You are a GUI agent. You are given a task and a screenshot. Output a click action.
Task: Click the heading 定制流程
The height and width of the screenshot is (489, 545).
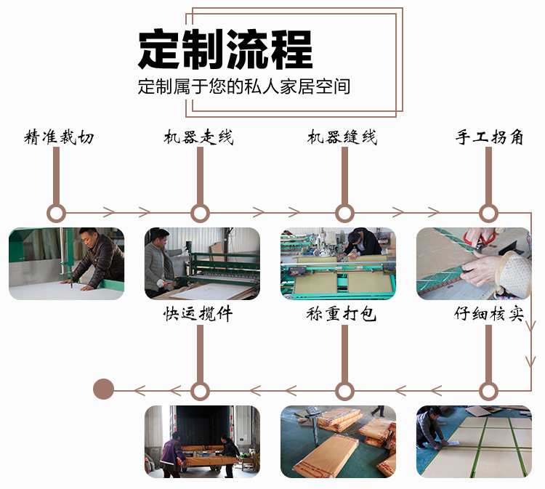tap(225, 49)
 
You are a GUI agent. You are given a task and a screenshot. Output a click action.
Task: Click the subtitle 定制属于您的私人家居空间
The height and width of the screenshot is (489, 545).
tap(244, 87)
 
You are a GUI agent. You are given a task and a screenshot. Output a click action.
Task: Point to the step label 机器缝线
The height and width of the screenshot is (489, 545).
tap(342, 137)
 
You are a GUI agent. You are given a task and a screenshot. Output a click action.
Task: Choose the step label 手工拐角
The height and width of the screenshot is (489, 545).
tap(489, 137)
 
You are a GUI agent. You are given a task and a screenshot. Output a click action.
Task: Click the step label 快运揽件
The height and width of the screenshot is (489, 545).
tap(198, 315)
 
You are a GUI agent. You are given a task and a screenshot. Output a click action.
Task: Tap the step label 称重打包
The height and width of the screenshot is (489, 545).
tap(341, 315)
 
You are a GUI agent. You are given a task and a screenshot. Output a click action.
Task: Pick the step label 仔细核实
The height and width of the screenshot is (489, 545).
tap(488, 315)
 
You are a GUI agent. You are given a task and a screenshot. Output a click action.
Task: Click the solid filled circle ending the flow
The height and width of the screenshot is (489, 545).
tap(104, 389)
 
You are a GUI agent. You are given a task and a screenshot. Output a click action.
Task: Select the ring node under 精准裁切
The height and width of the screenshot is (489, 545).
tap(56, 213)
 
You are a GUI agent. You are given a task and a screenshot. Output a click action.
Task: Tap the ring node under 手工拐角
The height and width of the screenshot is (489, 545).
tap(489, 213)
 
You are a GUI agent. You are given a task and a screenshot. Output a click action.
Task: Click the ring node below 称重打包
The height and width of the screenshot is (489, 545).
tap(344, 390)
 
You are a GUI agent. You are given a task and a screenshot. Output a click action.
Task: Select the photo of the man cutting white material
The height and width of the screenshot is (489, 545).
tap(66, 264)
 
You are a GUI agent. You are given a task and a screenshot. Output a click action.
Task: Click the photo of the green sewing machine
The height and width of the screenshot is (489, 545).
tap(338, 264)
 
